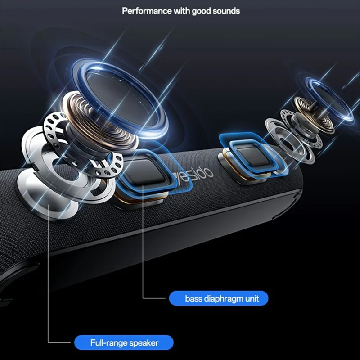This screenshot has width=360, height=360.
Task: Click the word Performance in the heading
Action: coord(147,11)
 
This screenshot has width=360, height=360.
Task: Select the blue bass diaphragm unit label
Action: coord(219,298)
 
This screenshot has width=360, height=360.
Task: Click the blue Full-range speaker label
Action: coord(124,342)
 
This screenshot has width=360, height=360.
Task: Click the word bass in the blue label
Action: coord(193,298)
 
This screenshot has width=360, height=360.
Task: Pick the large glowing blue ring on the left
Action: coord(121,99)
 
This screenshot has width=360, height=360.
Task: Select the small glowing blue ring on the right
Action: coord(329,99)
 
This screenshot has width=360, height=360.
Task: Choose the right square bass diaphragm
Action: coord(252,155)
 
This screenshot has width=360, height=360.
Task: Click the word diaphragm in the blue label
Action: coord(223,299)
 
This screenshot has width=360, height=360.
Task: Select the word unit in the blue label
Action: coord(252,298)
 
